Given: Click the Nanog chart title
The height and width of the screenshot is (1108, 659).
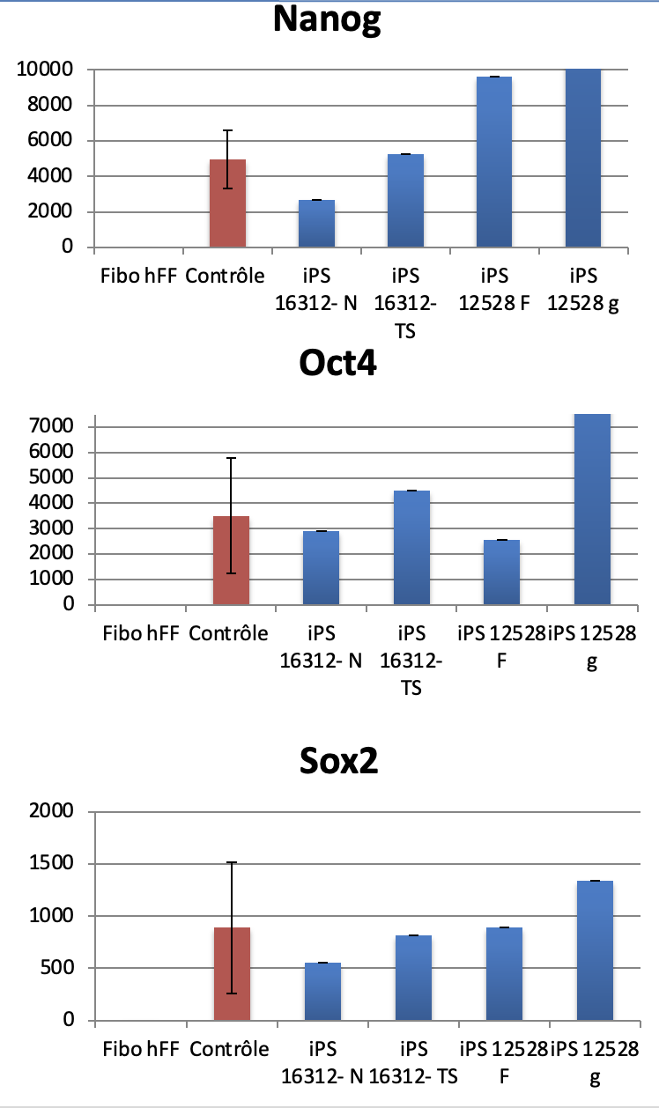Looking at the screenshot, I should [327, 19].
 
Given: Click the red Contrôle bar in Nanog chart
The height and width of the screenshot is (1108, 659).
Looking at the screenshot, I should [227, 203].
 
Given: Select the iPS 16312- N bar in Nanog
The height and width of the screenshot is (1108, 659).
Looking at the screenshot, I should [316, 224].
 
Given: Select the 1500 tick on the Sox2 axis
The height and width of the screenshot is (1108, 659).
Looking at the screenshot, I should [58, 864].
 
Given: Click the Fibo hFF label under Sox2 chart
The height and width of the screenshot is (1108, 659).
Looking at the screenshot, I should [141, 1049].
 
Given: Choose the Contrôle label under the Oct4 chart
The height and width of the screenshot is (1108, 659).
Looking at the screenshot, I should [228, 632].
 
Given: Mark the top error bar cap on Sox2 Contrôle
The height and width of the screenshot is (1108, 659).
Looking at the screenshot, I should [232, 862].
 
